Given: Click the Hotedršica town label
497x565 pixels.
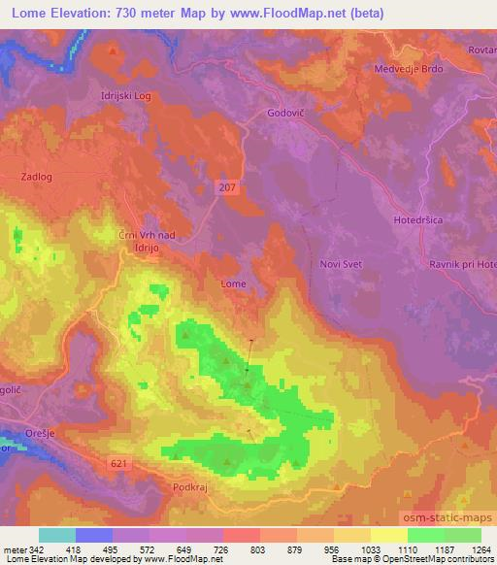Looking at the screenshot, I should (418, 220).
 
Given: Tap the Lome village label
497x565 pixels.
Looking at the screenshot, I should (233, 283).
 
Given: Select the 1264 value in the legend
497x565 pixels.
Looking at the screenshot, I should (480, 549).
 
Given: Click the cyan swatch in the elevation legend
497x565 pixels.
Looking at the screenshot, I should (57, 535).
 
